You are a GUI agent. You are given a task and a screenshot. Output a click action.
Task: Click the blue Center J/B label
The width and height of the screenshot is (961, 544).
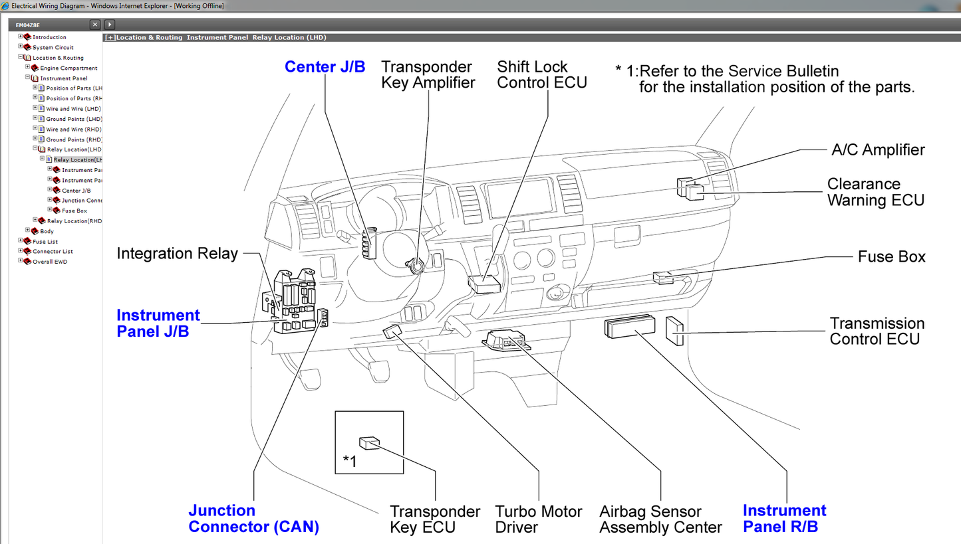point(325,67)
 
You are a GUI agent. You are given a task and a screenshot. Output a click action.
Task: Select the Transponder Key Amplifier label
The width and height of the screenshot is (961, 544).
point(428,74)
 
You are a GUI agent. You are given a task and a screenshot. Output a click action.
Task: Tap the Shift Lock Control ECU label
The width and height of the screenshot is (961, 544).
point(541,74)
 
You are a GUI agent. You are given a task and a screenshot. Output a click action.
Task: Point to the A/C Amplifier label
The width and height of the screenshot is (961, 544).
point(878,150)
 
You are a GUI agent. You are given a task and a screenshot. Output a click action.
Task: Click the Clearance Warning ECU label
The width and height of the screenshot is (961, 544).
point(875,192)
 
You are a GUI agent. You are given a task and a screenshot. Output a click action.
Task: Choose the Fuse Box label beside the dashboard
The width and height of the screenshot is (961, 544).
point(891,257)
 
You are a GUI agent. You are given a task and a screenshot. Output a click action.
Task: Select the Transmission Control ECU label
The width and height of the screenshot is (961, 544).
point(877,331)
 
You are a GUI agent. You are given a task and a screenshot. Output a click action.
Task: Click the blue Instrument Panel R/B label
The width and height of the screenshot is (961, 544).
point(784,519)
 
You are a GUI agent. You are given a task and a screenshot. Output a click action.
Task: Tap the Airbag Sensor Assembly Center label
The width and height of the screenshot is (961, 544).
point(660,519)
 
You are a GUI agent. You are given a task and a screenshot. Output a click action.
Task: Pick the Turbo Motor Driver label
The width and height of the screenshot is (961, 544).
point(538,519)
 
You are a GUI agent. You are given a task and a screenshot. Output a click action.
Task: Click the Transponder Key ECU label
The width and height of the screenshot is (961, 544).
point(434,519)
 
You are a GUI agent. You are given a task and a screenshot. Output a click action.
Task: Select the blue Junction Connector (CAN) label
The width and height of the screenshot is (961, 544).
point(253,519)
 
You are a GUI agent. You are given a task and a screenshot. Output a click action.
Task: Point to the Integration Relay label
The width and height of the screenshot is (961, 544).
point(177,254)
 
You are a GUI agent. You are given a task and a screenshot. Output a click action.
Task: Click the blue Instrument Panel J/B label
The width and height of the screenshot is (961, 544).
point(158,323)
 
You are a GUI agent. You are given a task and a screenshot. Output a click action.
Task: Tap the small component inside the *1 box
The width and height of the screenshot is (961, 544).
point(369,443)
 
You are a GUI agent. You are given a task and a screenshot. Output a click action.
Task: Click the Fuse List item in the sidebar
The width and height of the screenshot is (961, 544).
point(45,242)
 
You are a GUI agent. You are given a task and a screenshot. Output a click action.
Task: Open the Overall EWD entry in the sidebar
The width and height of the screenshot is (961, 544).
point(50,262)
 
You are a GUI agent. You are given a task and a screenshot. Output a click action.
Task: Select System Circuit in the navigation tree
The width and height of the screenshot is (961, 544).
point(53,48)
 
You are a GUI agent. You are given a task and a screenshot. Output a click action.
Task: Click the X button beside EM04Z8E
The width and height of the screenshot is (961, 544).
point(95,25)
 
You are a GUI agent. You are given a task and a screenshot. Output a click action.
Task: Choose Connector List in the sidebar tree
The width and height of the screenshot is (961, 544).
point(53,252)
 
